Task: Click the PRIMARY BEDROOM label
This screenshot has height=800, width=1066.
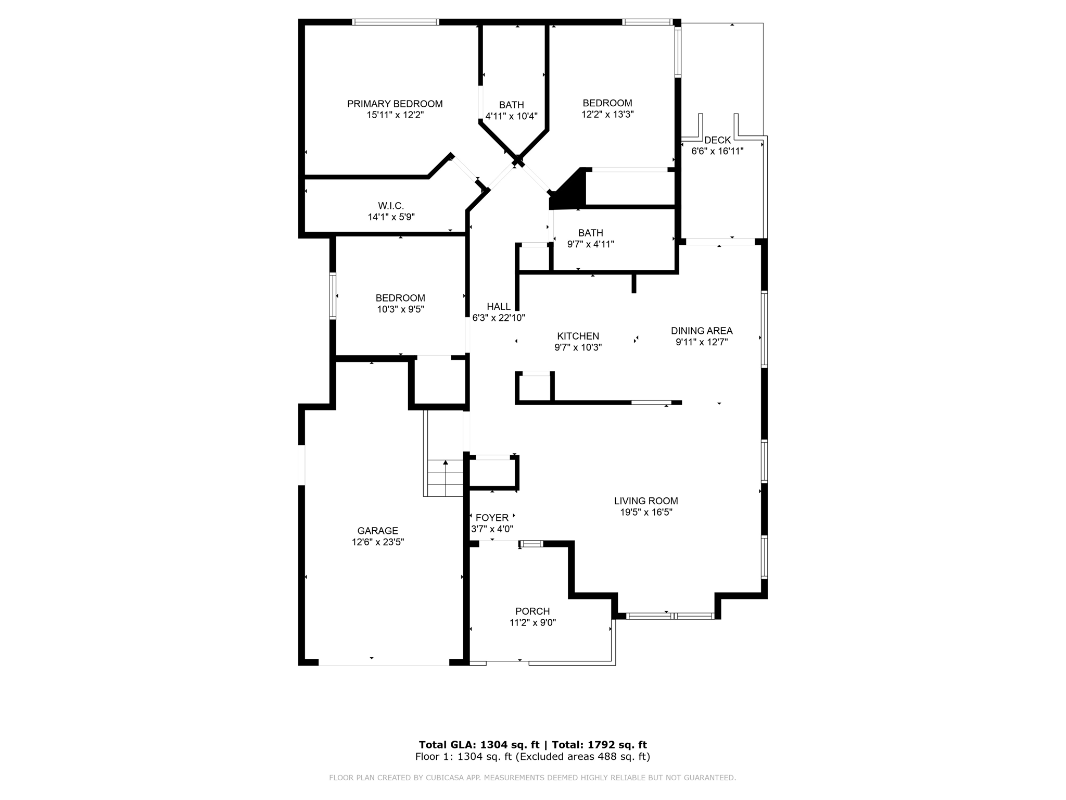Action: [395, 104]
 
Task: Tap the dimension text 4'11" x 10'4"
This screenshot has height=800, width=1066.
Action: [511, 116]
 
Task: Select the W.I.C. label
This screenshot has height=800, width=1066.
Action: [391, 206]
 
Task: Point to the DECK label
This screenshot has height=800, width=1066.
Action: [717, 140]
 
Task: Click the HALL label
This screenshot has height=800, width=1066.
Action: [498, 307]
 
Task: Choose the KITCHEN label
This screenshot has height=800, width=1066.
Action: [578, 336]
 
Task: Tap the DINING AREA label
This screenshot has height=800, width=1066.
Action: [701, 331]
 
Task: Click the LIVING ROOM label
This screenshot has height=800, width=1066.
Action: [645, 501]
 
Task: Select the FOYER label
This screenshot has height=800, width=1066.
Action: [492, 518]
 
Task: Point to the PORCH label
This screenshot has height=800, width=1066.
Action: [532, 611]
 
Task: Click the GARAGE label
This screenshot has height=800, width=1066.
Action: [377, 531]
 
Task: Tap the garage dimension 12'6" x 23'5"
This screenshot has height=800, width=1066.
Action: [377, 542]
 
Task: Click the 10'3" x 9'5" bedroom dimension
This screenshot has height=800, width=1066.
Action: [400, 309]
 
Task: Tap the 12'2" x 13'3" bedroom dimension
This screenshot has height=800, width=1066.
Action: [607, 115]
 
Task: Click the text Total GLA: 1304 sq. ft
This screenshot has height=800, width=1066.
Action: [479, 745]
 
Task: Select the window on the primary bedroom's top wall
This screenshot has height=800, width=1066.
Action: [396, 22]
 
